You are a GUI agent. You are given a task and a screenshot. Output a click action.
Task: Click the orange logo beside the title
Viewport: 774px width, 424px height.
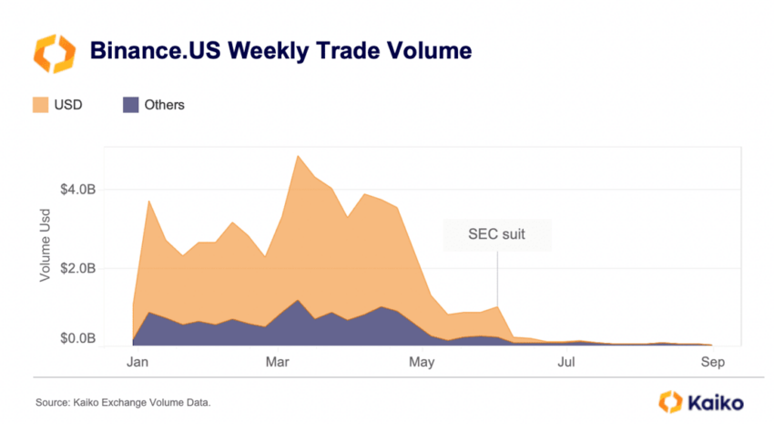coord(53,53)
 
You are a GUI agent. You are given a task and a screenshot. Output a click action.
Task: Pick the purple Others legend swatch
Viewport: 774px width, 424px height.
coord(130,105)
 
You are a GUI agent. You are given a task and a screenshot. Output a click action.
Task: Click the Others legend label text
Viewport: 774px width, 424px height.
coord(164,105)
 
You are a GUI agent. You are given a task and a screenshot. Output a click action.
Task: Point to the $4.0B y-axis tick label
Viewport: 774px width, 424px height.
coord(76,191)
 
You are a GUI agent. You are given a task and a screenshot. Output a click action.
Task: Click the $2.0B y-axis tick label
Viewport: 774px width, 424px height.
coord(76,269)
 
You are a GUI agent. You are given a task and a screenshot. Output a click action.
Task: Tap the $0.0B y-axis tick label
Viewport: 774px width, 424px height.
coord(76,339)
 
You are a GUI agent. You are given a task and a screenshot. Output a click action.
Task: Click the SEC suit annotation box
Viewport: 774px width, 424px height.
coord(496,234)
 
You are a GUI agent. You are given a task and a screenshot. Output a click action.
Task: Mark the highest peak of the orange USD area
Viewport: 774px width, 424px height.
coord(298,156)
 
